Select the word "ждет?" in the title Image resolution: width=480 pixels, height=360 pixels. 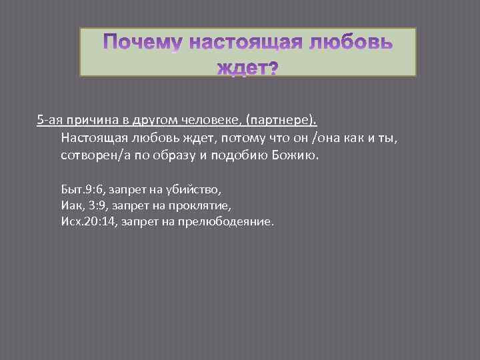(248, 69)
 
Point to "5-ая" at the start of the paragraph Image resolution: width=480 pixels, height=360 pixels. (49, 120)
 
